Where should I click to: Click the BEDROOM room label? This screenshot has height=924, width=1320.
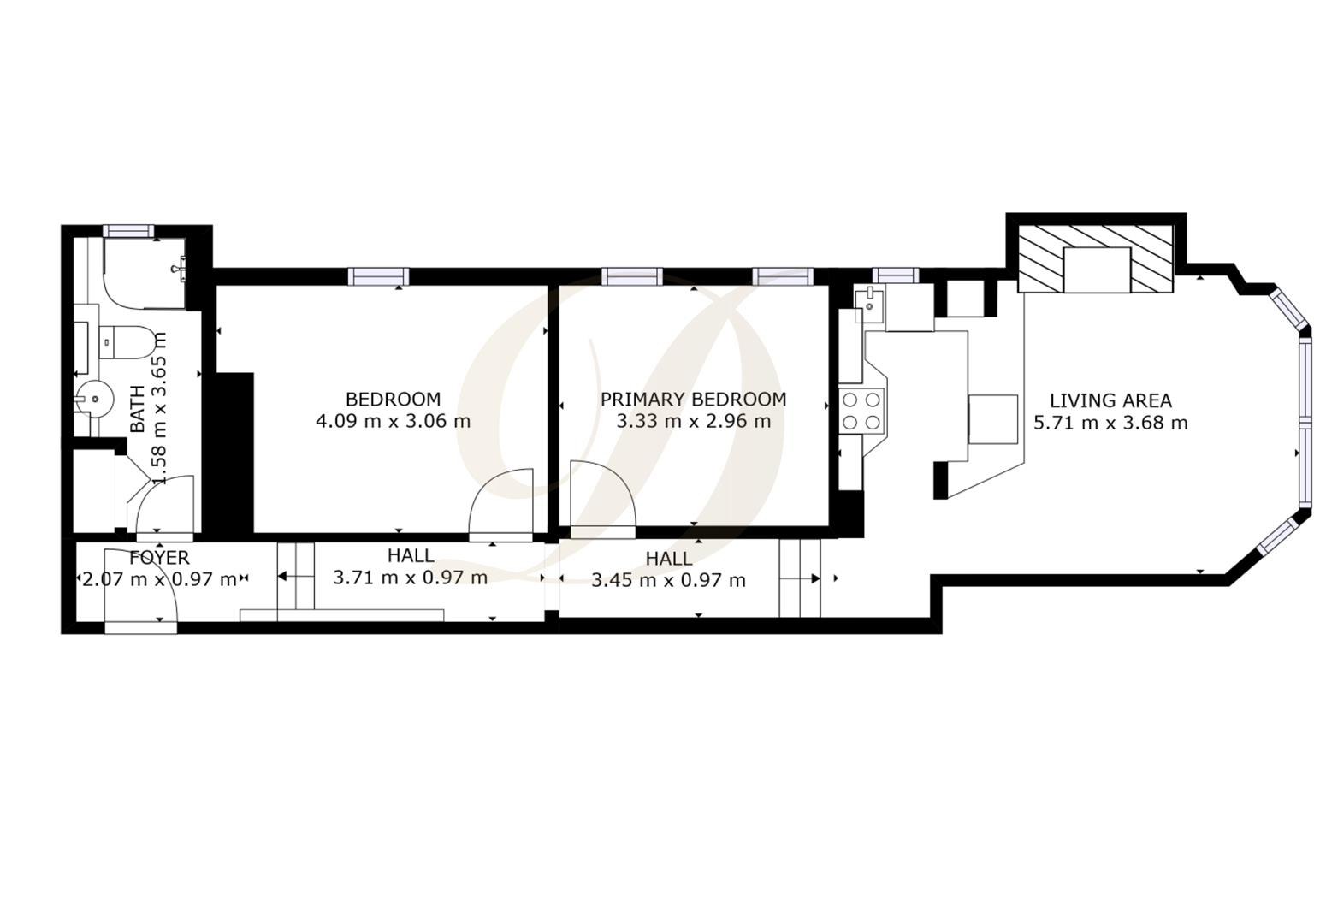coord(393,399)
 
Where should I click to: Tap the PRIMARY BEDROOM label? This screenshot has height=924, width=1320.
coord(693,399)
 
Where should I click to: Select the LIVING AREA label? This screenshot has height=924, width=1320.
coord(1110,400)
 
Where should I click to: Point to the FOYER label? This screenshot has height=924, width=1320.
coord(159,559)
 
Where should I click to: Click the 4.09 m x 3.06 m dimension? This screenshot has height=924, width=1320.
coord(393,421)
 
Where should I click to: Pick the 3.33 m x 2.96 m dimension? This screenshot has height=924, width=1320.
coord(693,421)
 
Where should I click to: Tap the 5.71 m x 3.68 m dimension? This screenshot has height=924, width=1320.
coord(1110,423)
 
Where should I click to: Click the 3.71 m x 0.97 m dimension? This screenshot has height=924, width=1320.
coord(410,577)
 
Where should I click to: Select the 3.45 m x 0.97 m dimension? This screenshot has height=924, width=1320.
coord(668,581)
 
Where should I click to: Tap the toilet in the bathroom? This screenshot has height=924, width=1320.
coord(129,342)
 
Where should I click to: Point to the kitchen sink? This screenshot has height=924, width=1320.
coord(868,302)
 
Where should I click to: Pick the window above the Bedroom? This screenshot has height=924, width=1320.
coord(378,276)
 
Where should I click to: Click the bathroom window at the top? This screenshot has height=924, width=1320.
coord(128,230)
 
